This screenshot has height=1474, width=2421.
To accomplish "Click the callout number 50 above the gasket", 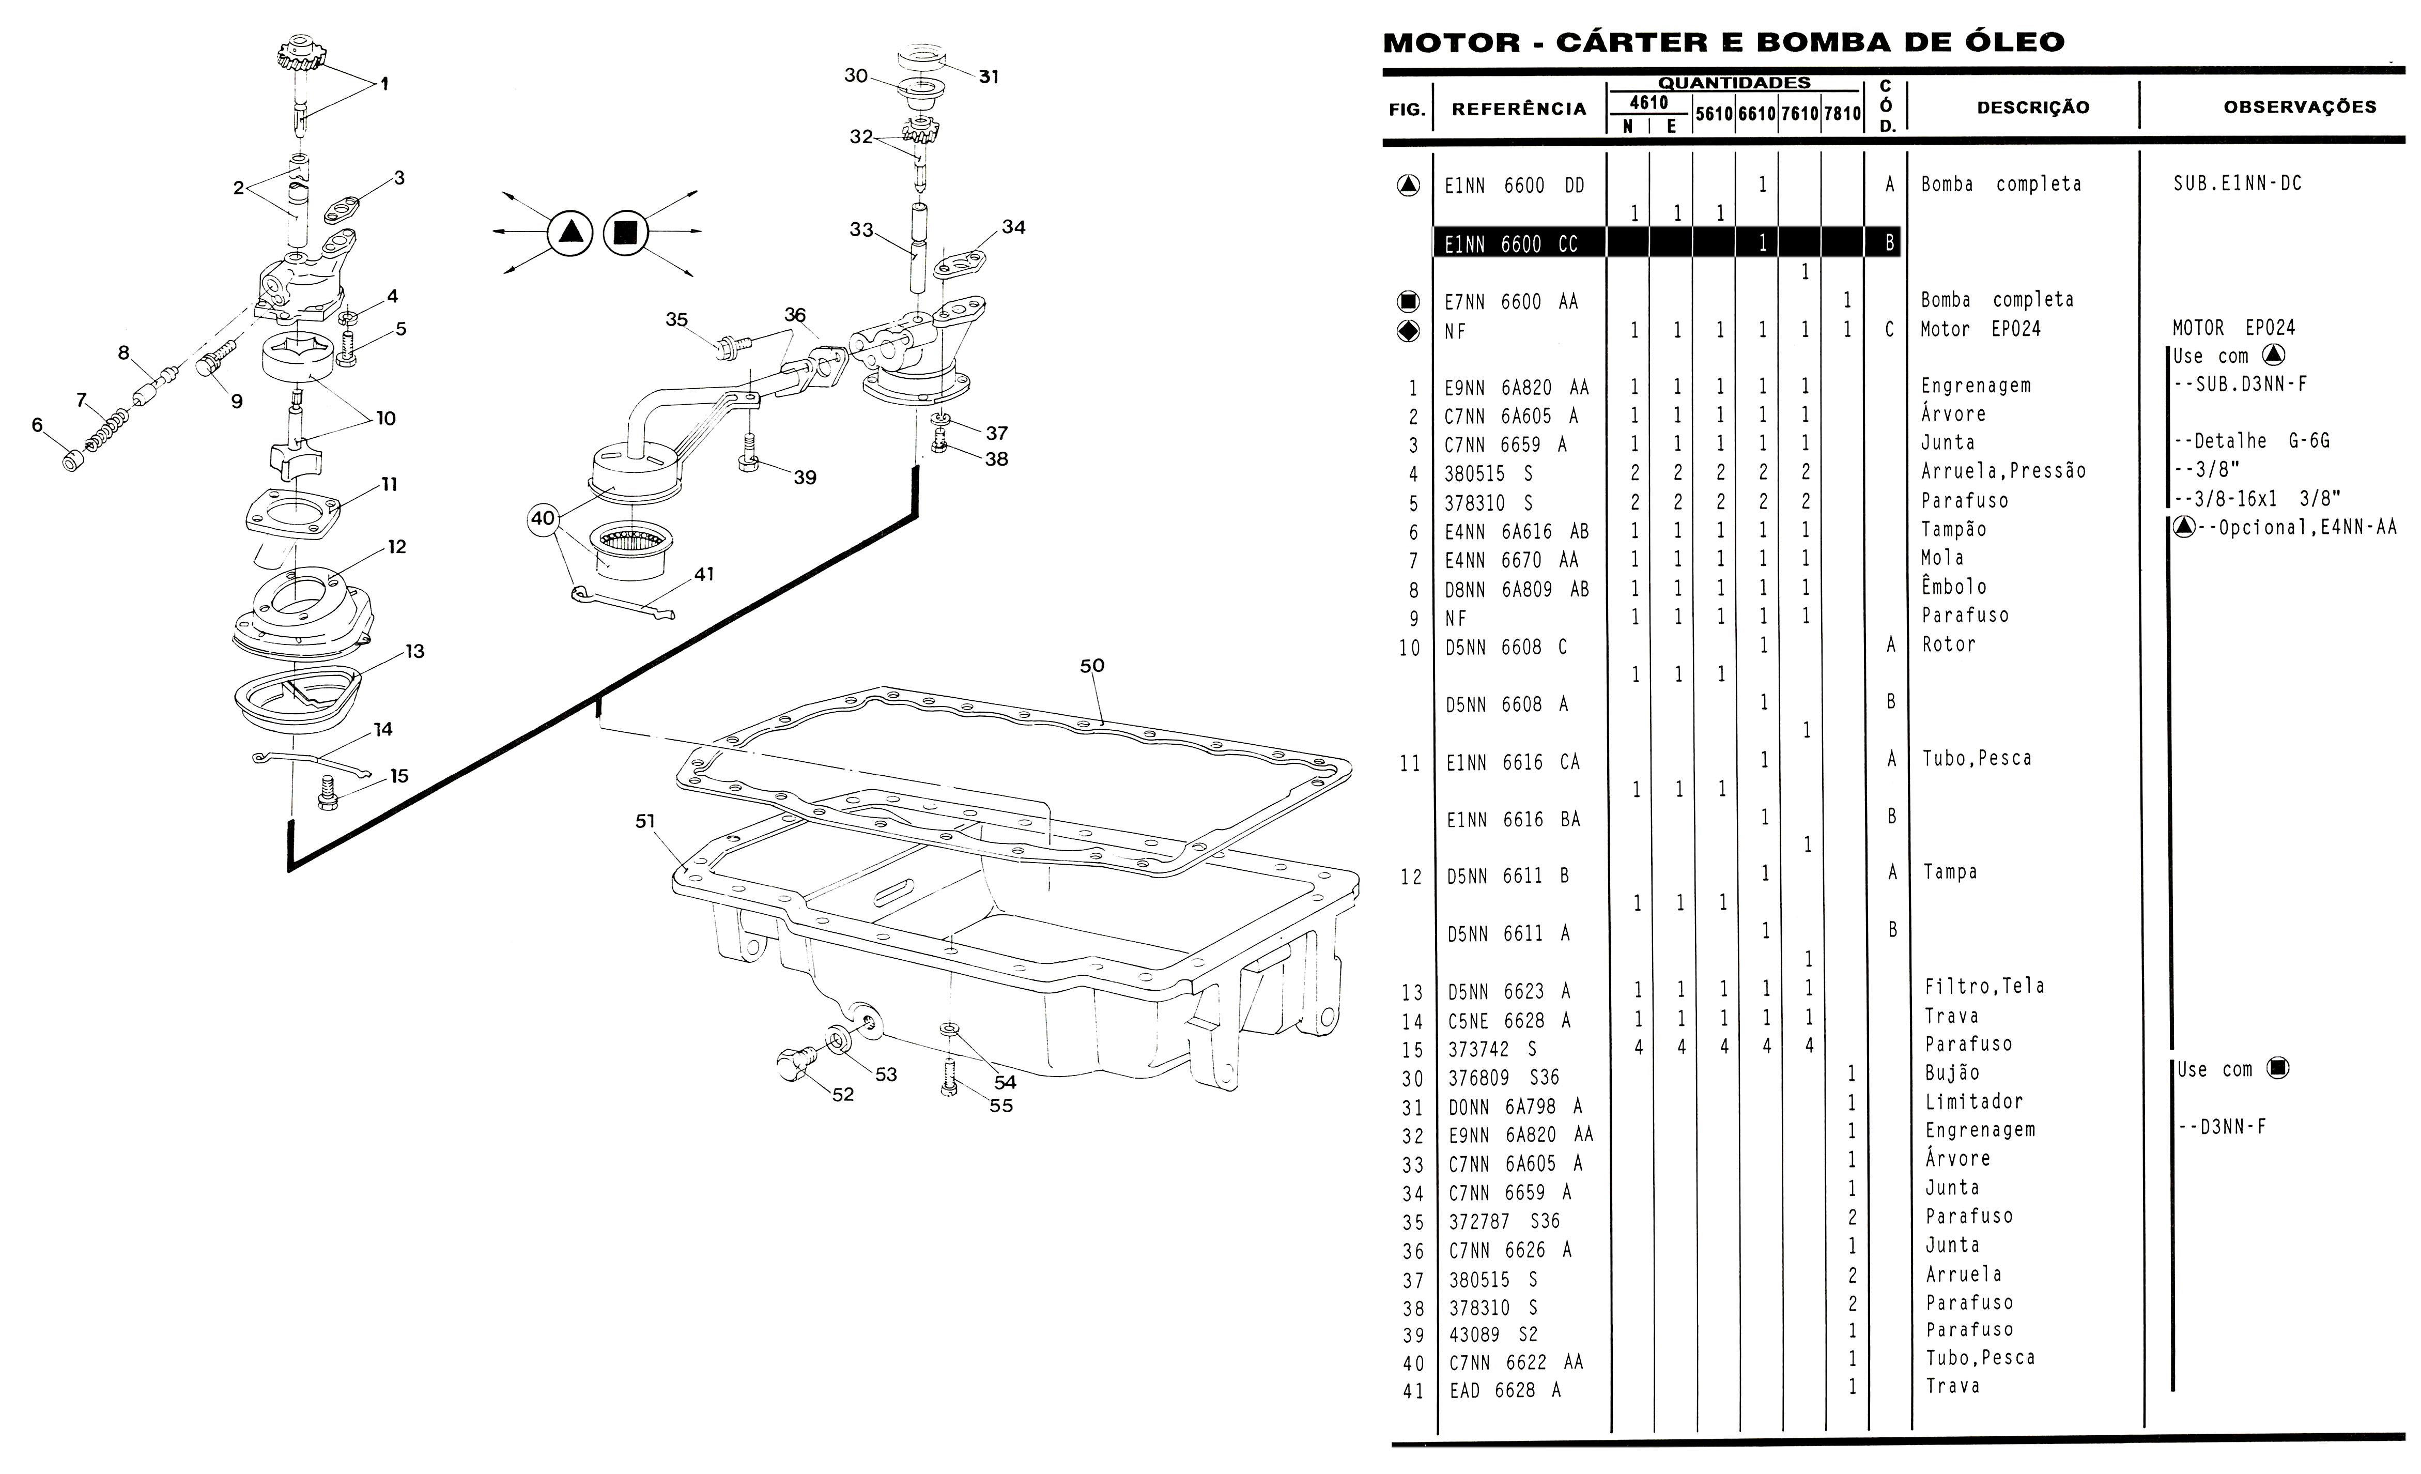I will point(1091,665).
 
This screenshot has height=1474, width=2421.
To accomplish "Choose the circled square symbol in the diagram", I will point(626,233).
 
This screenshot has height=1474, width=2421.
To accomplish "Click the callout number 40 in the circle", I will point(543,518).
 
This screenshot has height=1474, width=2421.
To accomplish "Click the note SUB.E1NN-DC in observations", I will point(2237,184).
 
